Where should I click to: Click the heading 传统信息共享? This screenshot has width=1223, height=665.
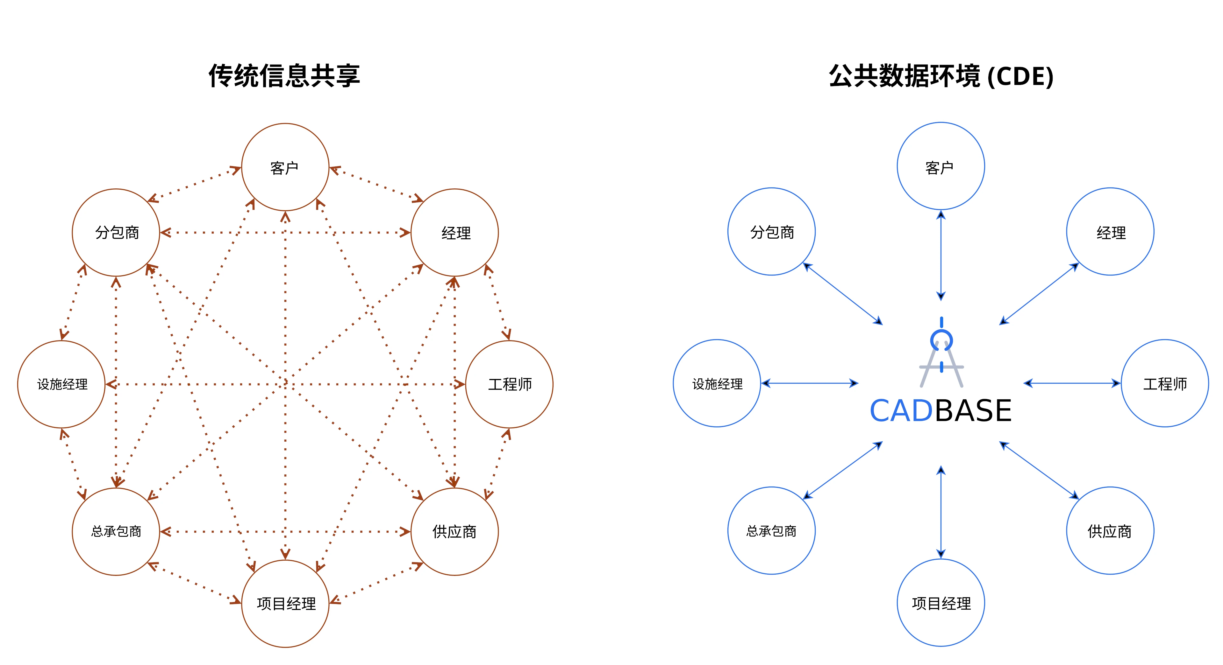click(x=284, y=76)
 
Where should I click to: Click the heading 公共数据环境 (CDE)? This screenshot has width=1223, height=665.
click(x=941, y=76)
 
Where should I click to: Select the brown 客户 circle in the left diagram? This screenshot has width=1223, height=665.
click(x=285, y=167)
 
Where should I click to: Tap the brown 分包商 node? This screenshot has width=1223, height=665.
click(x=116, y=232)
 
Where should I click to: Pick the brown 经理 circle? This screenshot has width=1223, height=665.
click(x=454, y=232)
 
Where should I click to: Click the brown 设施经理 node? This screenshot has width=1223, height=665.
click(x=61, y=384)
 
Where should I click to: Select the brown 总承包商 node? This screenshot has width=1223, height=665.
click(x=116, y=531)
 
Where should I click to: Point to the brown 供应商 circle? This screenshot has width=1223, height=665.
click(x=454, y=531)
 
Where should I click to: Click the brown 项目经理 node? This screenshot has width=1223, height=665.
click(x=285, y=603)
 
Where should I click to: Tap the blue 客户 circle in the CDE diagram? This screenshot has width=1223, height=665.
click(x=940, y=166)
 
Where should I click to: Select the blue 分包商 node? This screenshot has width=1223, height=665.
click(x=771, y=231)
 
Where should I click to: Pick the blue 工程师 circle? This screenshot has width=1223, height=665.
click(x=1165, y=383)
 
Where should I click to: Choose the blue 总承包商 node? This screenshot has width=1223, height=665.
click(x=771, y=530)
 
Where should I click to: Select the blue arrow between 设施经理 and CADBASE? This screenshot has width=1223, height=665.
click(x=810, y=383)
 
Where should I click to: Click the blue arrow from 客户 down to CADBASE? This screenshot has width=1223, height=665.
click(x=941, y=256)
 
